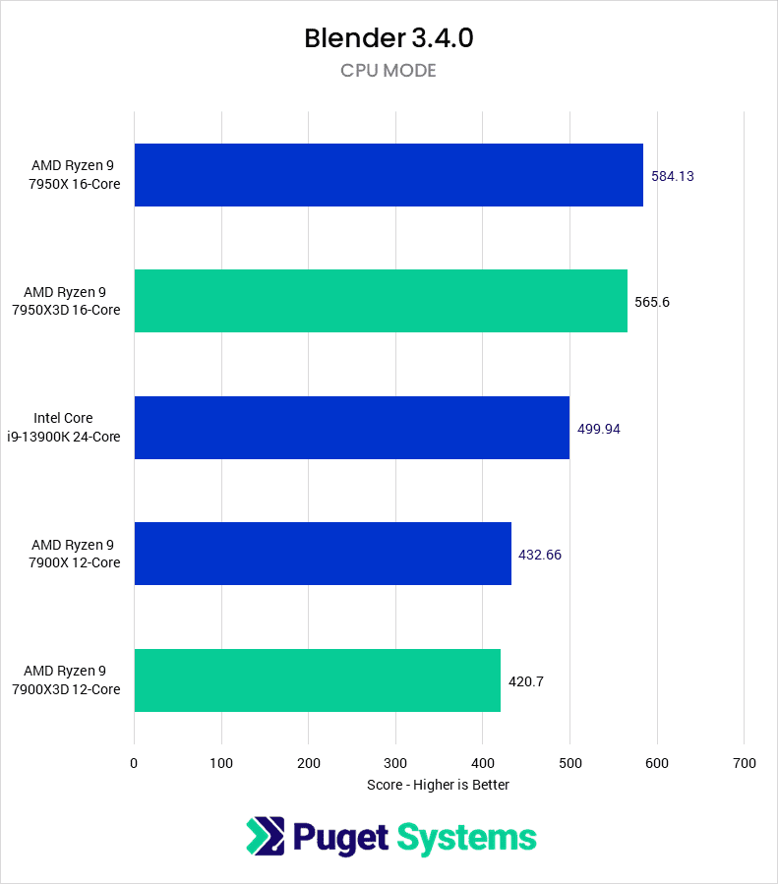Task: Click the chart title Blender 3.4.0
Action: pyautogui.click(x=389, y=38)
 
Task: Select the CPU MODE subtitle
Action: pyautogui.click(x=389, y=71)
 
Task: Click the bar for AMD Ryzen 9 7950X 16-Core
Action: pyautogui.click(x=389, y=175)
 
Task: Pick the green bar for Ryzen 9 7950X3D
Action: pyautogui.click(x=381, y=301)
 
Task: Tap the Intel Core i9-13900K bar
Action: pyautogui.click(x=351, y=428)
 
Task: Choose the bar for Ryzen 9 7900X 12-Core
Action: pyautogui.click(x=323, y=554)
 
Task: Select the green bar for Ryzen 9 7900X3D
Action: pyautogui.click(x=317, y=680)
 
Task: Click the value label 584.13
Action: pyautogui.click(x=674, y=176)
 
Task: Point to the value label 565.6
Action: pyautogui.click(x=652, y=302)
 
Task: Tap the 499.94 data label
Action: pyautogui.click(x=598, y=429)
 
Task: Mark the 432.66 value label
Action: pyautogui.click(x=540, y=555)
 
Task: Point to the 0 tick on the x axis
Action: pyautogui.click(x=135, y=763)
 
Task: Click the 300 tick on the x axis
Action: pyautogui.click(x=395, y=763)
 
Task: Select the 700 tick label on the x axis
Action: pyautogui.click(x=744, y=763)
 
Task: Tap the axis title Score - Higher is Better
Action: pyautogui.click(x=438, y=785)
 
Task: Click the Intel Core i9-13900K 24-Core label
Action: pyautogui.click(x=77, y=428)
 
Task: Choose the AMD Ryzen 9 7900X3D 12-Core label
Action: pyautogui.click(x=67, y=680)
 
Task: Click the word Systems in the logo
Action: pyautogui.click(x=467, y=838)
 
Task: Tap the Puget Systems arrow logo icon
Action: pyautogui.click(x=265, y=837)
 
